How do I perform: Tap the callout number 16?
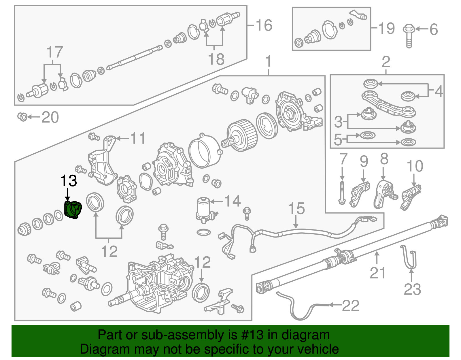pyautogui.click(x=264, y=25)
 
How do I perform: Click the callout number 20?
pyautogui.click(x=50, y=117)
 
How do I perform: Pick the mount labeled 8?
pyautogui.click(x=384, y=194)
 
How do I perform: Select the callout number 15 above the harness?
pyautogui.click(x=296, y=208)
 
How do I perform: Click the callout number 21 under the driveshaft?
pyautogui.click(x=377, y=273)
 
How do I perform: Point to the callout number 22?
pyautogui.click(x=351, y=306)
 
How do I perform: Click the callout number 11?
pyautogui.click(x=138, y=139)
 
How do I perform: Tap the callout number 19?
pyautogui.click(x=386, y=28)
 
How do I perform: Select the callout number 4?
pyautogui.click(x=439, y=91)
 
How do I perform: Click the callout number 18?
pyautogui.click(x=216, y=59)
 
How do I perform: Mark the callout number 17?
pyautogui.click(x=55, y=52)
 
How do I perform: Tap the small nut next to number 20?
pyautogui.click(x=22, y=117)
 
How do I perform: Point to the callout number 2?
pyautogui.click(x=386, y=62)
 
